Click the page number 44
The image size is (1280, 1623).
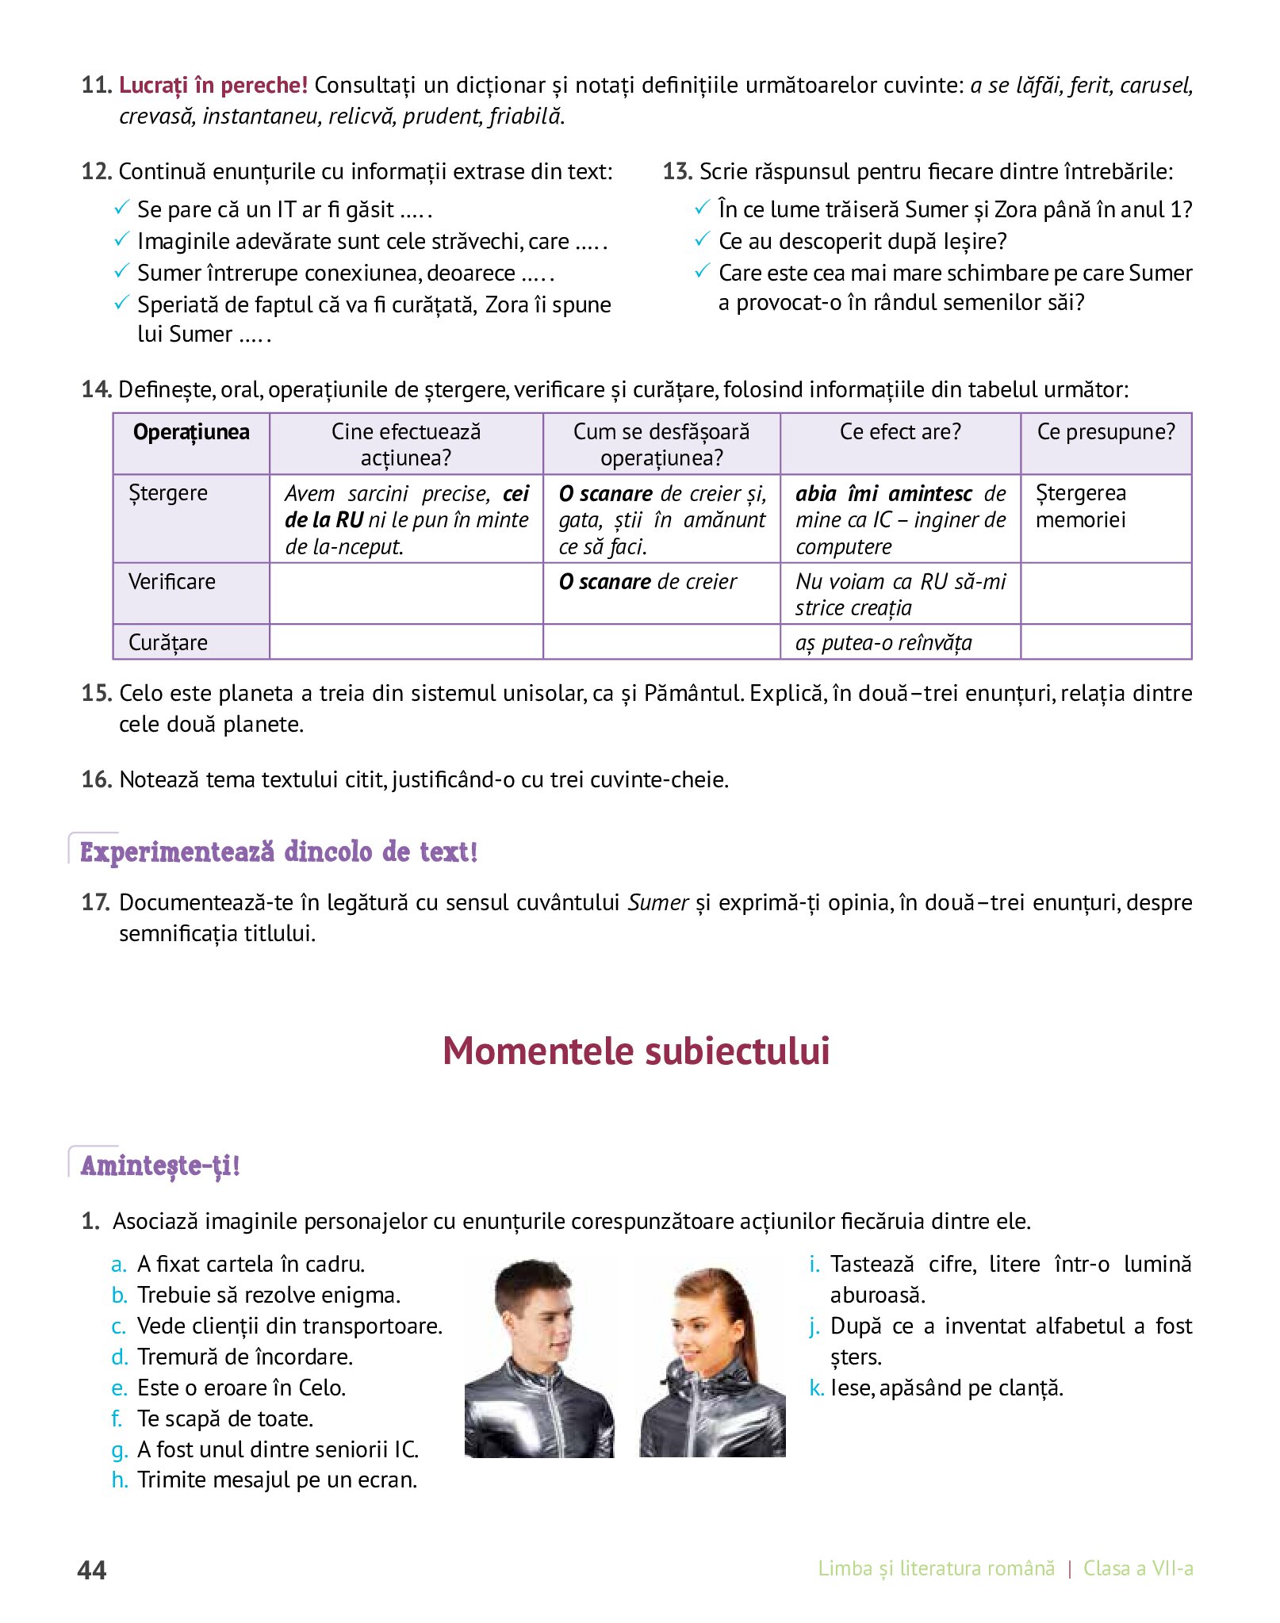coord(92,1570)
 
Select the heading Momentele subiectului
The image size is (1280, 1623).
coord(636,1051)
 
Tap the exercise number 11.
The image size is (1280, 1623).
coord(95,85)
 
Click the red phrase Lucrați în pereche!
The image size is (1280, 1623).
coord(213,85)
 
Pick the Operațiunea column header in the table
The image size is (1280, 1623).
coord(191,432)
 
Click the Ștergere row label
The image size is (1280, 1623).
coord(168,493)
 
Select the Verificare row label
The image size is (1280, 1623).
coord(172,582)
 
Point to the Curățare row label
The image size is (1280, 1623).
coord(168,642)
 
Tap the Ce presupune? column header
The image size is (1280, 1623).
coord(1106,432)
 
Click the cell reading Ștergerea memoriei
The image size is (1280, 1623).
coord(1081,507)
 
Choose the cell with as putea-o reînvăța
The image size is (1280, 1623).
coord(883,642)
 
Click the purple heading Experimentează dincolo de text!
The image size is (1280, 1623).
coord(278,852)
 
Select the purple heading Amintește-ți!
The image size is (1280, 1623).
coord(159,1166)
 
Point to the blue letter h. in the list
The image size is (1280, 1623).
coord(120,1480)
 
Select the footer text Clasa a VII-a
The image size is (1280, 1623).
coord(1137,1568)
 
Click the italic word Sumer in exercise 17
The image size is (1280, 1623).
coord(657,903)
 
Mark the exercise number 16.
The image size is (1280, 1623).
coord(95,779)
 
